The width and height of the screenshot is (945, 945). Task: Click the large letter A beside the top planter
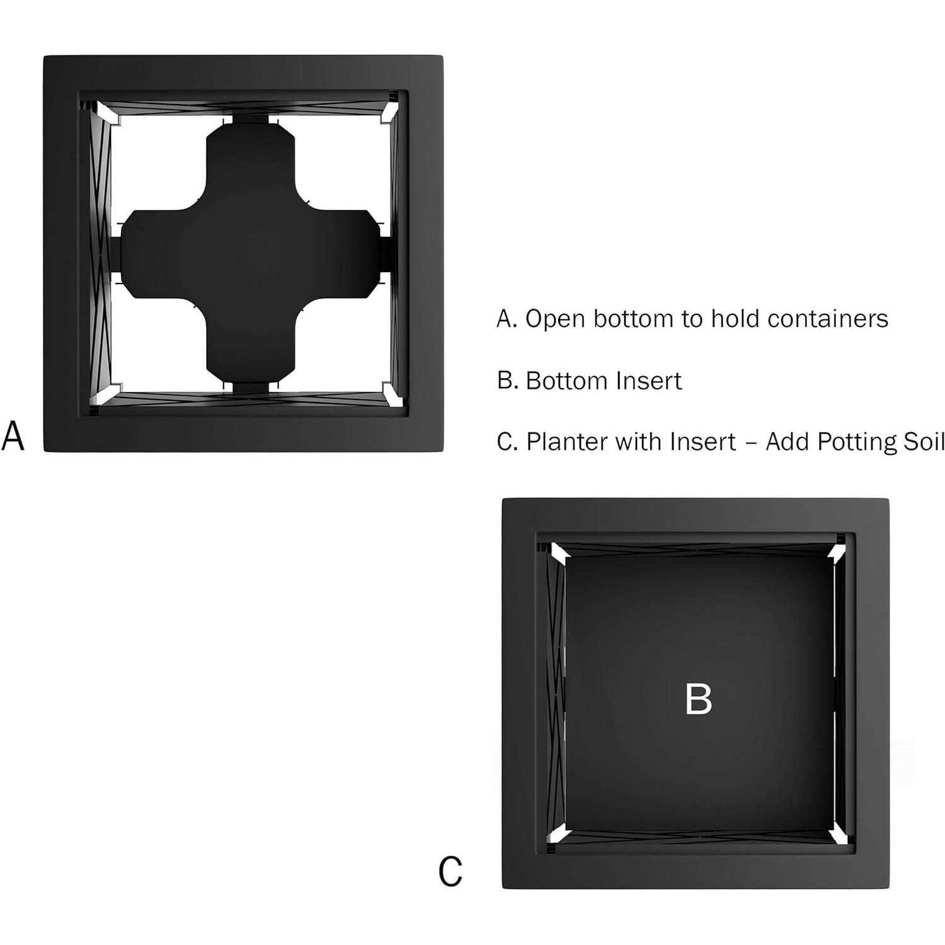[x=13, y=436]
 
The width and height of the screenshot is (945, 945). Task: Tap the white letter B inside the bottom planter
[x=698, y=699]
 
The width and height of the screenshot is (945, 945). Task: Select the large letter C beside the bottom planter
[x=450, y=872]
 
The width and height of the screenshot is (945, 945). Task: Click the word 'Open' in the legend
[x=555, y=319]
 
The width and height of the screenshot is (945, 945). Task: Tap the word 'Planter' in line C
[x=563, y=442]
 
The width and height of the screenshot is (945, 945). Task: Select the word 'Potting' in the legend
[x=857, y=442]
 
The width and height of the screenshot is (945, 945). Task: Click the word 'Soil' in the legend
[x=924, y=442]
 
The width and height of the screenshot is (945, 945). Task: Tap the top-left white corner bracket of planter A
[x=108, y=113]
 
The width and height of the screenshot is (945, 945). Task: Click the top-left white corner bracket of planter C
[x=559, y=554]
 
